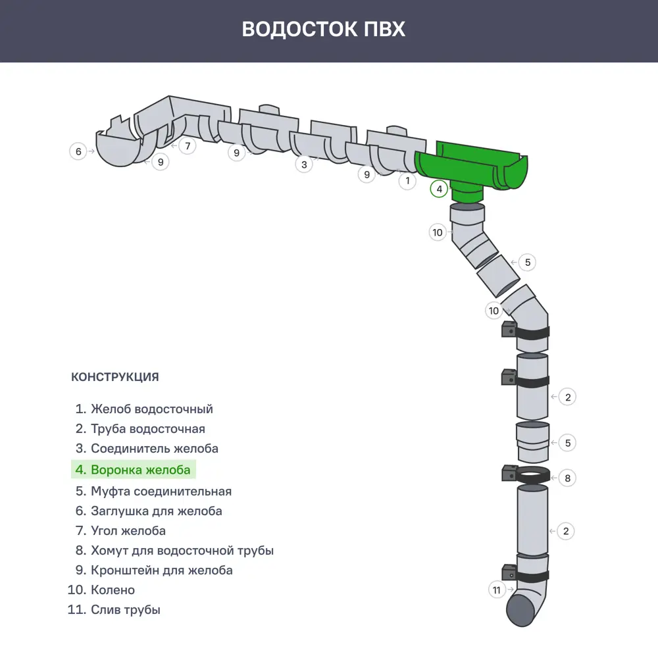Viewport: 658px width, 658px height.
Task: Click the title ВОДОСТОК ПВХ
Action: point(323,30)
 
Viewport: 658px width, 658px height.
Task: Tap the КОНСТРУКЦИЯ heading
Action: point(114,377)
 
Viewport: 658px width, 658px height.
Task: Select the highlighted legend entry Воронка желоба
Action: point(134,470)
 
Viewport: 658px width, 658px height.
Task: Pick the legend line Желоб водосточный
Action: point(144,409)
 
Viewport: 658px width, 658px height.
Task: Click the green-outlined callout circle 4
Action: point(439,190)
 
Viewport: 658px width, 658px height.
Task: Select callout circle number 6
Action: point(78,151)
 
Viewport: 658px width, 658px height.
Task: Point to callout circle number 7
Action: point(188,145)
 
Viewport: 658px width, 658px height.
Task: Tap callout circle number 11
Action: point(497,590)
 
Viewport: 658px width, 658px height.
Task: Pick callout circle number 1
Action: point(407,180)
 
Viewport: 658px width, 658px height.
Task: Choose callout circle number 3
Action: point(303,164)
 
